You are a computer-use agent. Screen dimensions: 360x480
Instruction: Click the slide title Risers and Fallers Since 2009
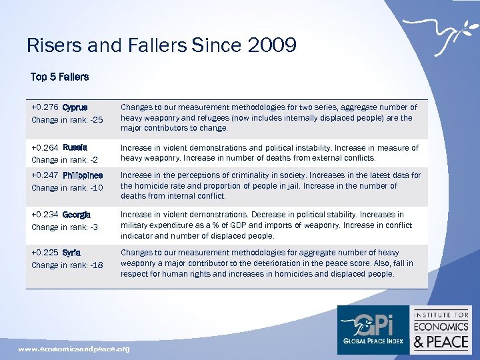(x=161, y=45)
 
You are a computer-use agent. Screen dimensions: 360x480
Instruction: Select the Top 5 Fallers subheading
(x=59, y=77)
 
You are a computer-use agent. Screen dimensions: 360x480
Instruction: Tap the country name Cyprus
(x=75, y=107)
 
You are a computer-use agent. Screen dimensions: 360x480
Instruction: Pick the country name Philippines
(x=83, y=175)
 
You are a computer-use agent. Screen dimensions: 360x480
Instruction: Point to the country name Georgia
(x=77, y=215)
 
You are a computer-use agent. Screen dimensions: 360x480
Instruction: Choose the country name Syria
(x=72, y=253)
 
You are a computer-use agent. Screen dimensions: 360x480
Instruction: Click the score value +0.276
(x=45, y=107)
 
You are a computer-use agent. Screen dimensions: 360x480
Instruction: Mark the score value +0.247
(x=45, y=175)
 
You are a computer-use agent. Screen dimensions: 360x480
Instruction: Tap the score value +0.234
(x=45, y=215)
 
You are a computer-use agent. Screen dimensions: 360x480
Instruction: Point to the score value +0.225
(x=45, y=253)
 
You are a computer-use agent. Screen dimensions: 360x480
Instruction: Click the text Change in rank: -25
(x=67, y=120)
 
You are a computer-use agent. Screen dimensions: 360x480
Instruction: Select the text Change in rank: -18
(x=67, y=265)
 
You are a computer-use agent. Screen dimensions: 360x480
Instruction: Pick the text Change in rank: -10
(x=67, y=188)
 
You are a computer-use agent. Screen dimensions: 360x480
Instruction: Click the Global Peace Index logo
(x=373, y=329)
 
